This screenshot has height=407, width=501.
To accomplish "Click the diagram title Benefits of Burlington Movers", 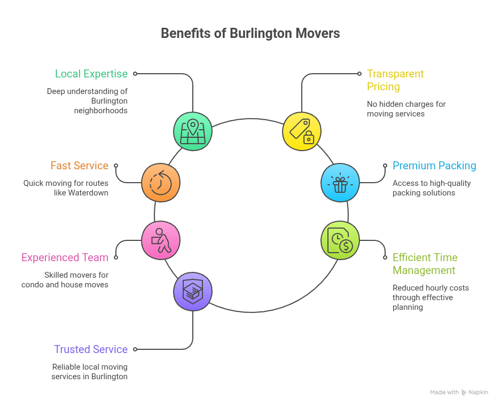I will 250,33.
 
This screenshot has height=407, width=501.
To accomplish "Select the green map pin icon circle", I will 193,131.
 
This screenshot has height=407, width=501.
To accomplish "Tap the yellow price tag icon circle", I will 302,131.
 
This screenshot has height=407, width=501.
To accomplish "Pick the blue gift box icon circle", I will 340,183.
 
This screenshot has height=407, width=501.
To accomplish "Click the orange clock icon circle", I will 161,183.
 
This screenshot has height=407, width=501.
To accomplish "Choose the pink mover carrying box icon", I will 161,240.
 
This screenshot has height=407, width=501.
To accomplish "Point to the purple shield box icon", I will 193,292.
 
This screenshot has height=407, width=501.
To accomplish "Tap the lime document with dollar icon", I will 340,240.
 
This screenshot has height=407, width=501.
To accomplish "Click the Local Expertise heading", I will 91,74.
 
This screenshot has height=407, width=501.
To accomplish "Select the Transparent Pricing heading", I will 395,80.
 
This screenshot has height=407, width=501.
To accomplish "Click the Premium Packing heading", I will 434,166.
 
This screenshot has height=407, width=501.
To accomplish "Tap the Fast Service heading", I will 80,166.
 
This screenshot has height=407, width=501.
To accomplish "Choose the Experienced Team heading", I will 65,257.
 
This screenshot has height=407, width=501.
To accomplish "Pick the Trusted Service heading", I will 91,349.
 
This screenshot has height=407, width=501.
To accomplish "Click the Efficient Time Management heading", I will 425,264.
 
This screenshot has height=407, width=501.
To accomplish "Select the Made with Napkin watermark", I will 459,392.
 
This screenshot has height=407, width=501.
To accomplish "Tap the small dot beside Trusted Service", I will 135,349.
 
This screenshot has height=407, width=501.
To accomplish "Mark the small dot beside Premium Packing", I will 385,166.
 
